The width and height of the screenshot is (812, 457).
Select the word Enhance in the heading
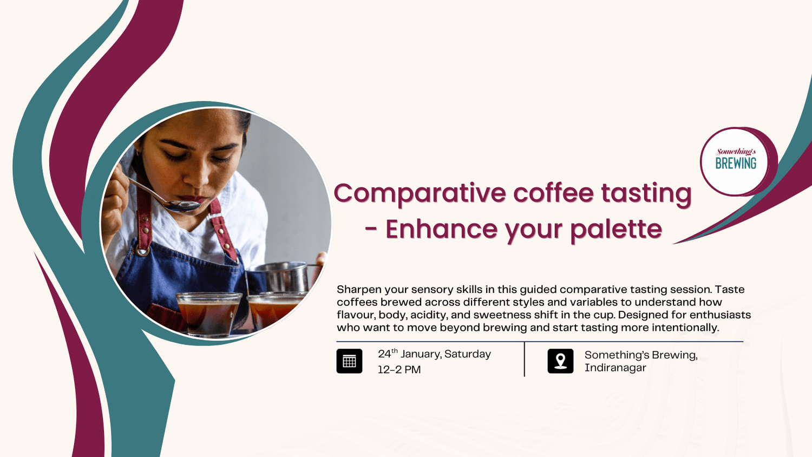(x=441, y=229)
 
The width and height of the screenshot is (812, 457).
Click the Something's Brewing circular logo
(x=736, y=161)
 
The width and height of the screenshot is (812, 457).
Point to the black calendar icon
(x=349, y=361)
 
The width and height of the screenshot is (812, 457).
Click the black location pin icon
(x=560, y=361)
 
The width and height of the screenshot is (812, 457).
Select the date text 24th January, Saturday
(x=434, y=354)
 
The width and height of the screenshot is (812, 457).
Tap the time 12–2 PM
(x=399, y=370)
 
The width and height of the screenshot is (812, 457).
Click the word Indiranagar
(x=615, y=368)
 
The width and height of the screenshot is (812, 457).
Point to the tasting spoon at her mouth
(x=181, y=205)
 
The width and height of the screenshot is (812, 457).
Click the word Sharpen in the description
(x=359, y=290)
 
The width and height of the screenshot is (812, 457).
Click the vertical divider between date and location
(x=525, y=359)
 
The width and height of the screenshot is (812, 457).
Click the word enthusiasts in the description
(x=720, y=315)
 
